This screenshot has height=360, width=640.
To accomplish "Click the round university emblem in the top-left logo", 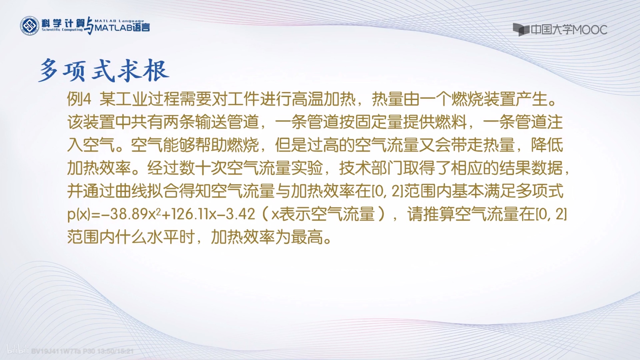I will (29, 26).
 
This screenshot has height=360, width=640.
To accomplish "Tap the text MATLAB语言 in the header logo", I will (122, 28).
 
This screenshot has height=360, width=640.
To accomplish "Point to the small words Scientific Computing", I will (62, 30).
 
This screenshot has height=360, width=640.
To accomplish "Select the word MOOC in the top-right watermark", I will (590, 30).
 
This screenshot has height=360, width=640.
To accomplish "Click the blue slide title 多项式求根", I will (103, 71).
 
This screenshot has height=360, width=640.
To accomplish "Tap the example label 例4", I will (79, 99).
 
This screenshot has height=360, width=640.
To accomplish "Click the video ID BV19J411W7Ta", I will (57, 351).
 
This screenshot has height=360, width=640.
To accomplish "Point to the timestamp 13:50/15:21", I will (116, 351).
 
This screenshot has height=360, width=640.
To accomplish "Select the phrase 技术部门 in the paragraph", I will (371, 168).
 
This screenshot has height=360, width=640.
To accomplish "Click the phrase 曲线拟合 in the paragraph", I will (147, 191).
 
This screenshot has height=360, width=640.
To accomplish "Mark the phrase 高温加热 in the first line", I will (324, 99).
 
